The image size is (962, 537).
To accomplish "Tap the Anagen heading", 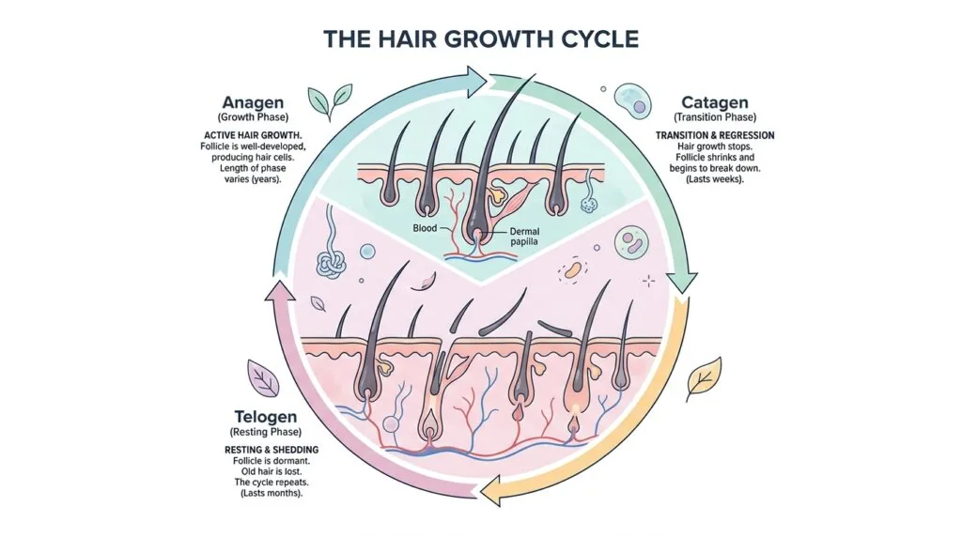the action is [253, 101].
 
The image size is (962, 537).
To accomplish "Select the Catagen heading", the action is [715, 101].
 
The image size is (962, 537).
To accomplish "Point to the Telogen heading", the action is [266, 417].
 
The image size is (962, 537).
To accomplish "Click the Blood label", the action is [425, 228].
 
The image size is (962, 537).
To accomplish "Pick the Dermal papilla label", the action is [524, 237].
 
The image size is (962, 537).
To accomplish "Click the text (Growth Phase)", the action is [253, 117].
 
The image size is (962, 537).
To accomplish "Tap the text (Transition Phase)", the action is [715, 117].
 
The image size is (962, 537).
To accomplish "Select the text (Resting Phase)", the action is [266, 432].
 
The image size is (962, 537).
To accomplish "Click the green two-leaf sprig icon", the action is [330, 101].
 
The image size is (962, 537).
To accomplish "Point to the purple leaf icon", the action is [264, 378].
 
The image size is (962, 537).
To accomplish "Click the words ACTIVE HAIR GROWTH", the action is [253, 135].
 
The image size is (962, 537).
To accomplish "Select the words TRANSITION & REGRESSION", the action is [715, 135].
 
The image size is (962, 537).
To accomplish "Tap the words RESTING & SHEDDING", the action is [272, 450].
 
